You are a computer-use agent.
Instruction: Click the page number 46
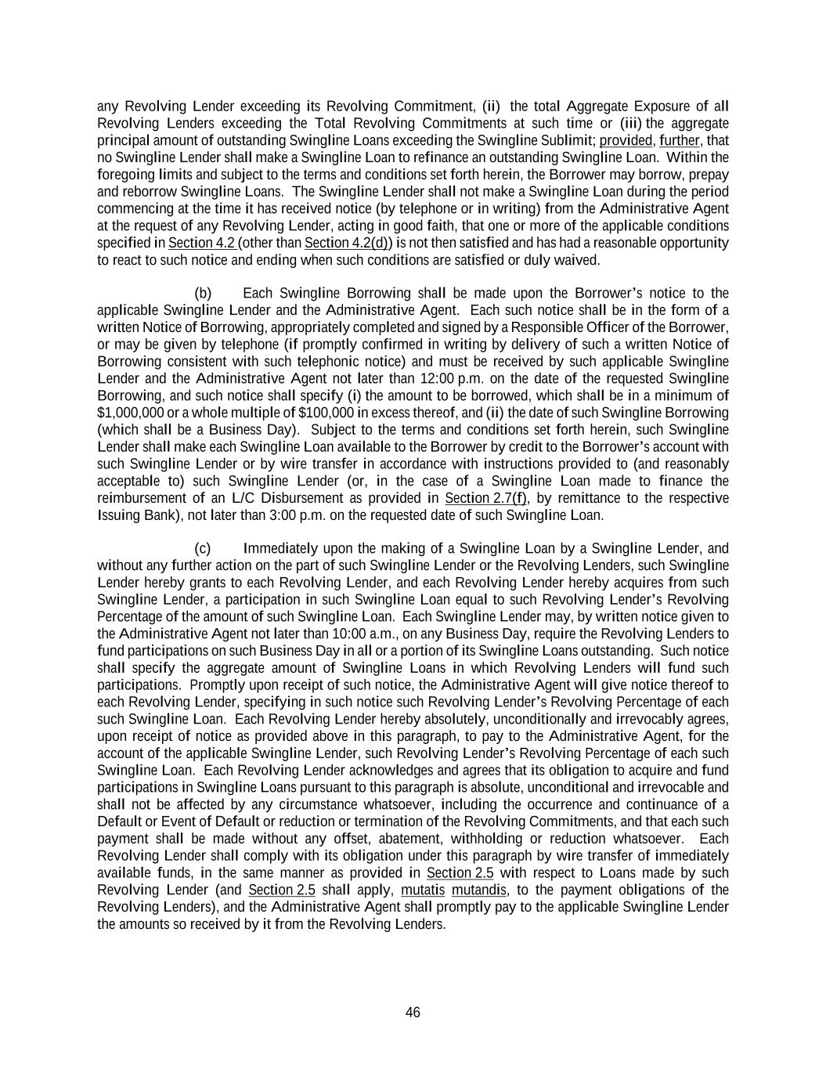click(x=413, y=1013)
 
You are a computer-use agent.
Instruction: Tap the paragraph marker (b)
click(x=203, y=293)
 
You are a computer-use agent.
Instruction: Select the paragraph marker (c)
click(x=203, y=548)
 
